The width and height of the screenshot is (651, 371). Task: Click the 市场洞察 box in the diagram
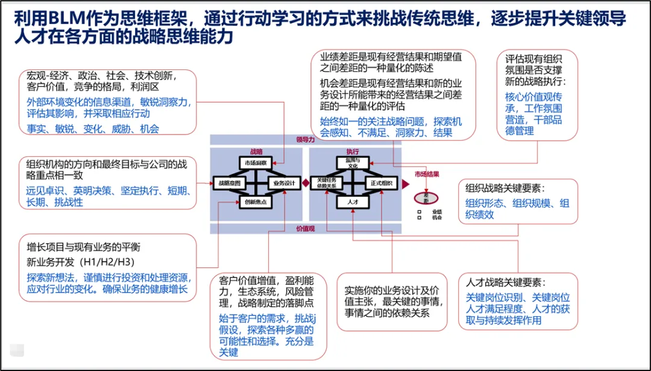point(256,163)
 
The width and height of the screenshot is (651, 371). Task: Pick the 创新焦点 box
point(256,202)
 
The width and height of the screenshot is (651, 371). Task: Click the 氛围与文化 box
point(353,163)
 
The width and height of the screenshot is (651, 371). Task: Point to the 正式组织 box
point(382,183)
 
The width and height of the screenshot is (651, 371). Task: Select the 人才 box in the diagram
point(353,203)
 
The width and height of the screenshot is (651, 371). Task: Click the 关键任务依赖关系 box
point(325,183)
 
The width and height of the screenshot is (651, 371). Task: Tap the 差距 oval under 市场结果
point(426,197)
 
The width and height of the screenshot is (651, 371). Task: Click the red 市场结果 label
point(426,175)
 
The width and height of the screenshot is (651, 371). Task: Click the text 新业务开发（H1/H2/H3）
point(81,262)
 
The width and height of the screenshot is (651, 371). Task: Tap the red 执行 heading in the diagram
point(353,152)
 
